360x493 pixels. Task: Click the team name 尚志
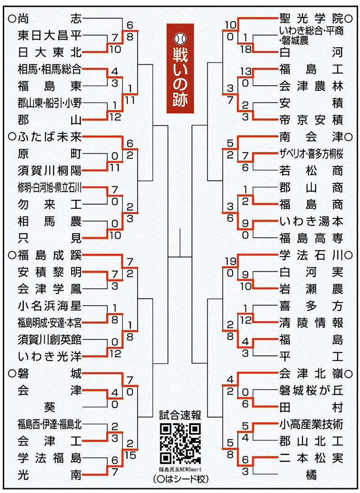(49, 19)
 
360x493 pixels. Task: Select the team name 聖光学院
(311, 19)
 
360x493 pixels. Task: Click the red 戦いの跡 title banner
(180, 68)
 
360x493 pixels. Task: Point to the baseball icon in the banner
(180, 38)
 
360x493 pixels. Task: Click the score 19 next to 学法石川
(230, 262)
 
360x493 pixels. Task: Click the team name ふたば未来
(49, 137)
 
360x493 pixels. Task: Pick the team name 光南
(49, 475)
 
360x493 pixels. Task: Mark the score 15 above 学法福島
(130, 455)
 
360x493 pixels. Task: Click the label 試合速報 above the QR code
(180, 416)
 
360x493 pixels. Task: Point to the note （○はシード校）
(180, 479)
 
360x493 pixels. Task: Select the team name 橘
(311, 475)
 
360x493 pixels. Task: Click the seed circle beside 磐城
(12, 374)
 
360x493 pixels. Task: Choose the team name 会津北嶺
(311, 374)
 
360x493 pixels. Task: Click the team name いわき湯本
(311, 222)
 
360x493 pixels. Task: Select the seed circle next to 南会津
(348, 137)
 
